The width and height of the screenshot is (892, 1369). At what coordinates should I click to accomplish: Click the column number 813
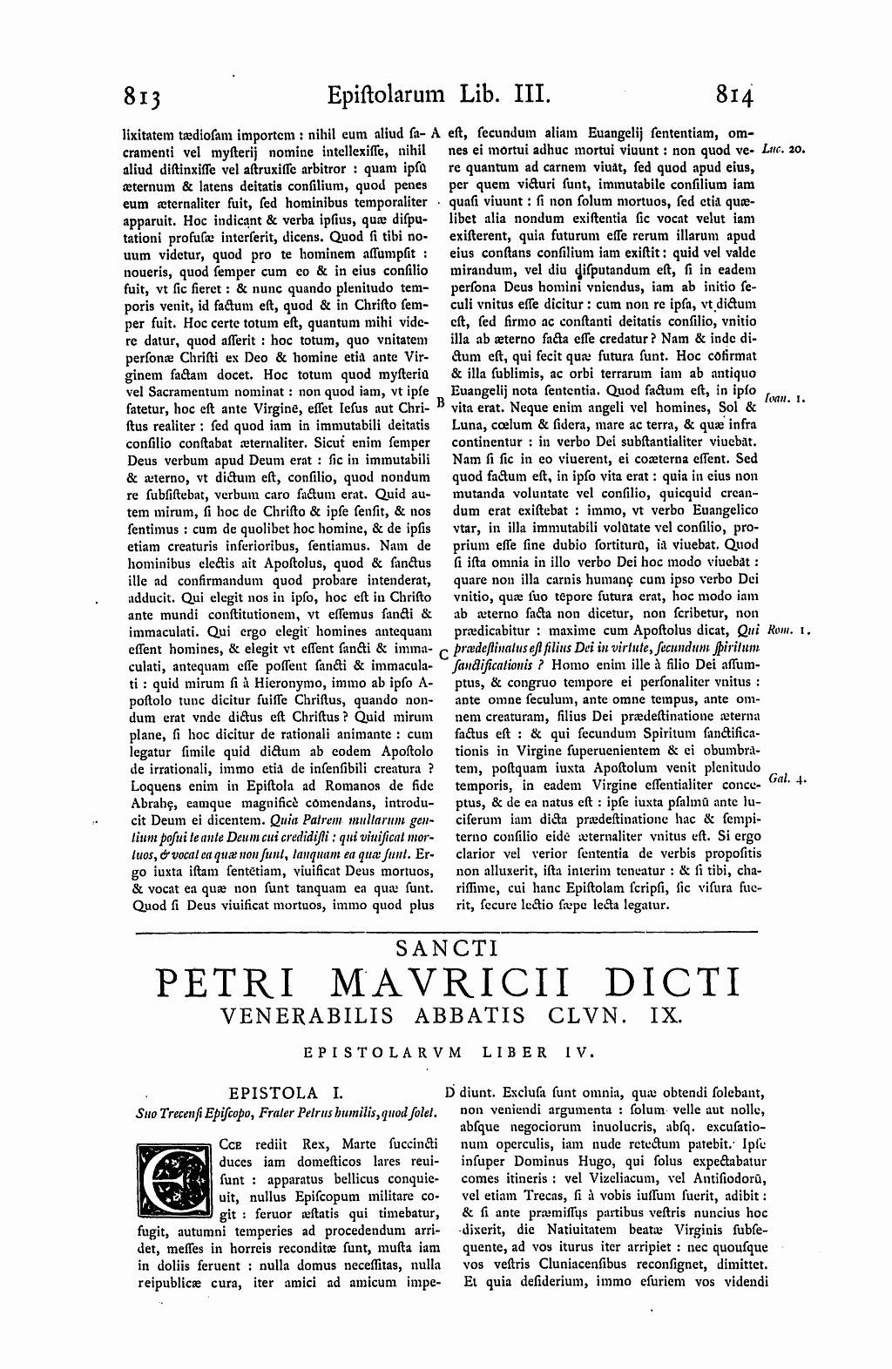tap(144, 94)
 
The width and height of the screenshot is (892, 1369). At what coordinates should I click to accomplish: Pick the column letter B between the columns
tap(440, 403)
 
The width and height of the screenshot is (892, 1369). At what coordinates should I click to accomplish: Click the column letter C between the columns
tap(444, 652)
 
